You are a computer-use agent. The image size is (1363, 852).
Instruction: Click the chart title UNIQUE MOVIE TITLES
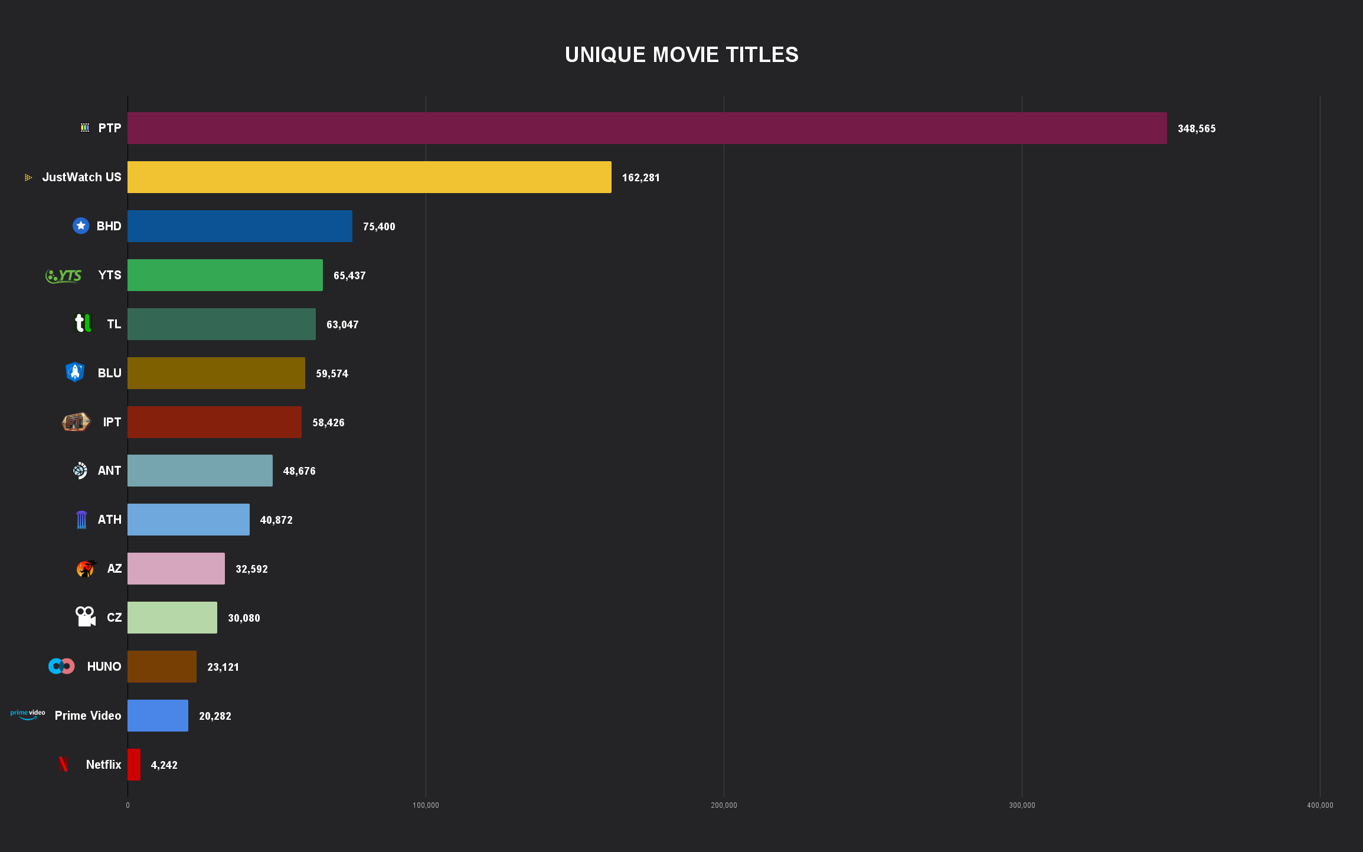pos(681,55)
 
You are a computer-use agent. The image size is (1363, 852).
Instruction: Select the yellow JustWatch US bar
pos(369,177)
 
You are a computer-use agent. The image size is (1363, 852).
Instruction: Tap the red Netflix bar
pos(134,765)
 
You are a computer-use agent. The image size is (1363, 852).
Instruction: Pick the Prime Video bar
pos(158,716)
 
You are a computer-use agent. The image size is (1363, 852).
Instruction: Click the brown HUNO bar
pos(162,667)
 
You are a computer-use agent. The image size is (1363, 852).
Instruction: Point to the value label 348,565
pos(1196,129)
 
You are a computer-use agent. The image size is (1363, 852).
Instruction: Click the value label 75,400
pos(379,227)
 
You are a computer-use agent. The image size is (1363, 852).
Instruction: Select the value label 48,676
pos(299,471)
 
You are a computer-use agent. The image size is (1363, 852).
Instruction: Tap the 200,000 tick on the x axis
pos(724,805)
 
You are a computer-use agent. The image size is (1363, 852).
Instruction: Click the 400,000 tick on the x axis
pos(1319,805)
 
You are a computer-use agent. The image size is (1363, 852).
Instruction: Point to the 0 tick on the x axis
pos(128,805)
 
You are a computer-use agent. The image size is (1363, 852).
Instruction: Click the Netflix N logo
pos(63,764)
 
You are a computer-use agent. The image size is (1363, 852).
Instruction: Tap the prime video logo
pos(28,714)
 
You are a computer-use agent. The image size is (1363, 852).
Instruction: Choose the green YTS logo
pos(64,276)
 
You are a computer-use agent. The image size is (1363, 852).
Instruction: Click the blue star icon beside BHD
pos(81,226)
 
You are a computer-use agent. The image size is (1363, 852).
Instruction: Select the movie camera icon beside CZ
pos(85,616)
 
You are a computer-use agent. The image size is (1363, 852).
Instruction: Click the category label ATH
pos(109,520)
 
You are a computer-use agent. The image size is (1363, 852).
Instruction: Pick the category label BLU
pos(109,373)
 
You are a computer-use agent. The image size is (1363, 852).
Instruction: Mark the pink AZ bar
pos(176,569)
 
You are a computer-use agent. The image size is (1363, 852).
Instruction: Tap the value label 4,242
pos(164,765)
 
